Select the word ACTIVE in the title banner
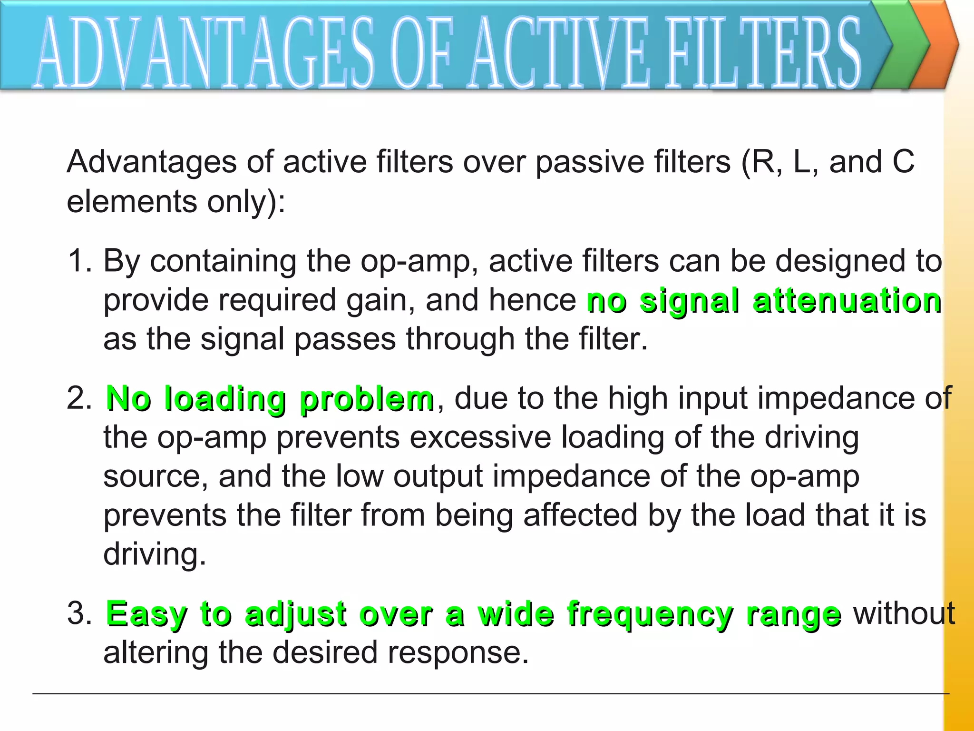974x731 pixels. [559, 53]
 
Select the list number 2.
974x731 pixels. [78, 398]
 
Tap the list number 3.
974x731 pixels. [78, 613]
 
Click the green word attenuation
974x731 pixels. [847, 301]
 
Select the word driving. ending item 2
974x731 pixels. [155, 554]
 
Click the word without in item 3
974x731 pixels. [904, 613]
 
